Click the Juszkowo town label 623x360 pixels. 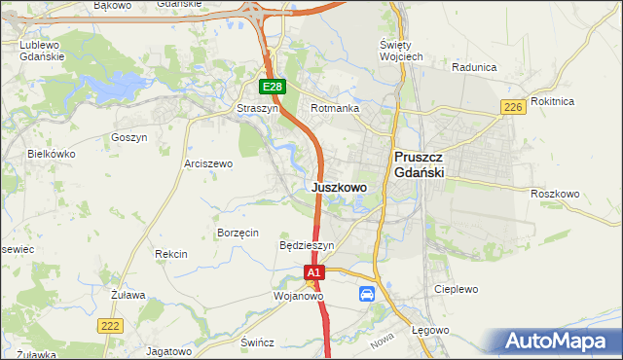pyautogui.click(x=339, y=187)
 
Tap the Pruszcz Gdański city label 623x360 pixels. pyautogui.click(x=419, y=163)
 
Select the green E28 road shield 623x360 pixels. pyautogui.click(x=273, y=88)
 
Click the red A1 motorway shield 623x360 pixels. pyautogui.click(x=313, y=274)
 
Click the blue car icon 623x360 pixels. pyautogui.click(x=367, y=294)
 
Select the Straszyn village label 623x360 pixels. pyautogui.click(x=258, y=109)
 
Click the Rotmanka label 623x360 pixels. pyautogui.click(x=335, y=109)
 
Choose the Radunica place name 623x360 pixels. pyautogui.click(x=475, y=68)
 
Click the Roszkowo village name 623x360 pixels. pyautogui.click(x=555, y=194)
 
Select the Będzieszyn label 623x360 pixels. pyautogui.click(x=307, y=246)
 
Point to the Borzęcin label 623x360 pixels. pyautogui.click(x=238, y=233)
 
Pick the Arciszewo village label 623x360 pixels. pyautogui.click(x=208, y=164)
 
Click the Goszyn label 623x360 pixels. pyautogui.click(x=129, y=138)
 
